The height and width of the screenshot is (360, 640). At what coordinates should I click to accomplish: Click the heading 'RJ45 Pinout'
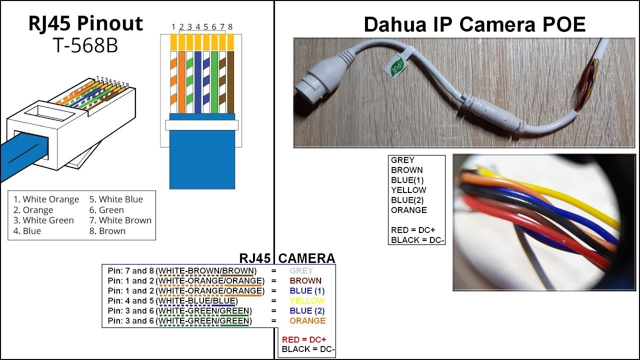pyautogui.click(x=85, y=24)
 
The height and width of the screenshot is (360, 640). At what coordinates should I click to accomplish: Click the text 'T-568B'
pyautogui.click(x=85, y=45)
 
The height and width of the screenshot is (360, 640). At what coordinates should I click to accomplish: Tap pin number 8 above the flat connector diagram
pyautogui.click(x=230, y=26)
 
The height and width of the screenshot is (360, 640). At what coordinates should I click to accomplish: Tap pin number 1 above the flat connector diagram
pyautogui.click(x=173, y=26)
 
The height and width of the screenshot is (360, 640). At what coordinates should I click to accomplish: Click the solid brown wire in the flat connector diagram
pyautogui.click(x=230, y=82)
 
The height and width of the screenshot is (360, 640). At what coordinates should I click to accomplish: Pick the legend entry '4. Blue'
pyautogui.click(x=27, y=231)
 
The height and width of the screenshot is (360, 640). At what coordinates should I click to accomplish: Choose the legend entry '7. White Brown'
pyautogui.click(x=120, y=220)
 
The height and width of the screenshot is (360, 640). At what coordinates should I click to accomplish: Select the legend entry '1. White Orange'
pyautogui.click(x=46, y=199)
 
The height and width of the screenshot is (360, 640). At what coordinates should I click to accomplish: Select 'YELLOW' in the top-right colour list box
pyautogui.click(x=408, y=190)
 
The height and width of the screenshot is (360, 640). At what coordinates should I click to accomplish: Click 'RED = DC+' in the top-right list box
pyautogui.click(x=413, y=230)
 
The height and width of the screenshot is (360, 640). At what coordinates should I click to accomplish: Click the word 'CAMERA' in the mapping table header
pyautogui.click(x=306, y=258)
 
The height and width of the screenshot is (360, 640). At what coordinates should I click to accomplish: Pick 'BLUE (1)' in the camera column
pyautogui.click(x=306, y=291)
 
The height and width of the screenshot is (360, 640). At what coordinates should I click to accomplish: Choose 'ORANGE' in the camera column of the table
pyautogui.click(x=307, y=321)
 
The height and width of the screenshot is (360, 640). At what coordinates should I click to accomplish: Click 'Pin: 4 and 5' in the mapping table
pyautogui.click(x=131, y=301)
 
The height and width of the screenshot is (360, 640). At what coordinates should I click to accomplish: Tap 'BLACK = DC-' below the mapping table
pyautogui.click(x=308, y=349)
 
